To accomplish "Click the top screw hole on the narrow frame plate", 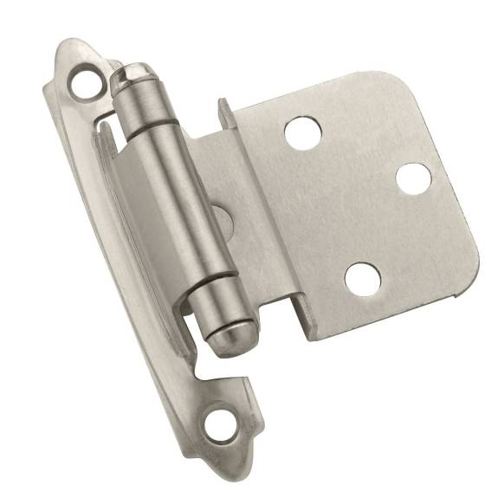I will [86, 83].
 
